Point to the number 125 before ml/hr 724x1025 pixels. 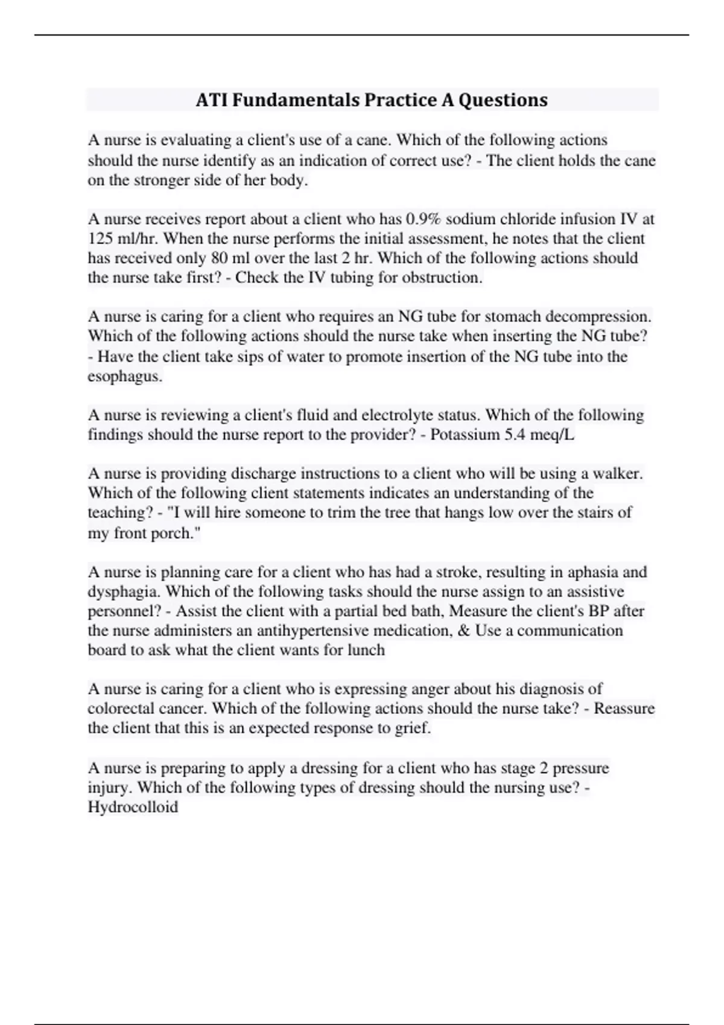[100, 238]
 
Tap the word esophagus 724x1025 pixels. [124, 377]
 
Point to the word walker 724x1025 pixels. [618, 474]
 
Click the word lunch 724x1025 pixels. [366, 650]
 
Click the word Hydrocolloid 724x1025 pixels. [133, 807]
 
